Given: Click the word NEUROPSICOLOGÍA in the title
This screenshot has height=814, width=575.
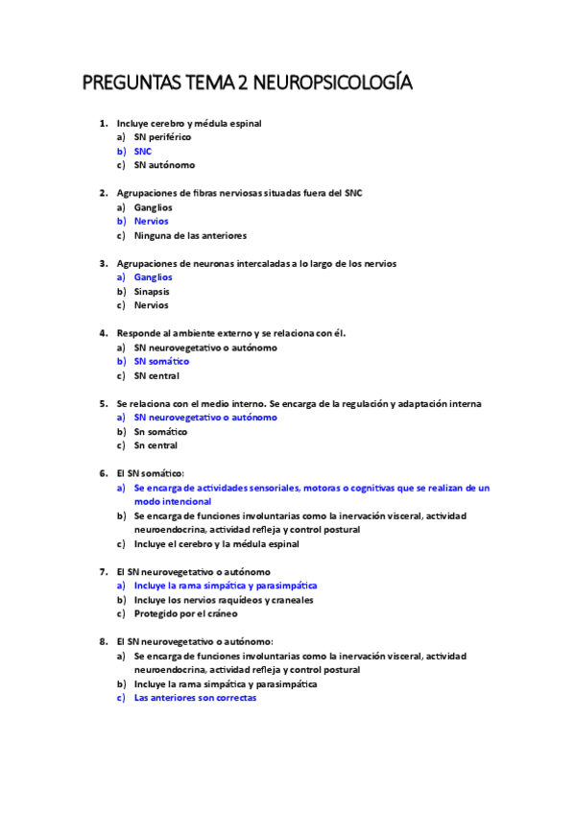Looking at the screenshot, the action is coord(329,84).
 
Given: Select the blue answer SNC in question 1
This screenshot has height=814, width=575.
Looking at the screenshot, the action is coord(143,152).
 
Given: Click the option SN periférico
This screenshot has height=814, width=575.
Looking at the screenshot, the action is coord(162,137).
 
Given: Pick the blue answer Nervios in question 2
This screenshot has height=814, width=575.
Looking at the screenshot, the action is coord(152,222).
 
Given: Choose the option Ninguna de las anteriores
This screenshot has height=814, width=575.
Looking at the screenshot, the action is coord(190,235).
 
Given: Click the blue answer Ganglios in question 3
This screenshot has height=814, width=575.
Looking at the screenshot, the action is coord(154,277).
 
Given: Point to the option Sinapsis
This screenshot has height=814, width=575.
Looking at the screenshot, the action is coord(152,291).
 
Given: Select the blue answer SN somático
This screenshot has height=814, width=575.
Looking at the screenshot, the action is coord(161,362).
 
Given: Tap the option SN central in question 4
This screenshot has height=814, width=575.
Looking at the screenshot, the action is coord(156,375).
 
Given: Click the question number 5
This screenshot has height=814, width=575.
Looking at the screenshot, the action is coord(103,404).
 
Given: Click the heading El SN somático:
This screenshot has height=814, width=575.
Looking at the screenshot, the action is coord(150,473).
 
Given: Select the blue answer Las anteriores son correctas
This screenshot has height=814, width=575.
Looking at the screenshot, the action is coord(195,699).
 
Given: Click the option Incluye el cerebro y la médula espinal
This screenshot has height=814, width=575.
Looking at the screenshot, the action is coord(216,544).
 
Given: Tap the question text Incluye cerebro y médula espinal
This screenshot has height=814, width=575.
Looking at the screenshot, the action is coord(189,123).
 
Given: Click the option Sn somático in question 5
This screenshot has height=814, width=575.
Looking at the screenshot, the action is coord(160,432).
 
